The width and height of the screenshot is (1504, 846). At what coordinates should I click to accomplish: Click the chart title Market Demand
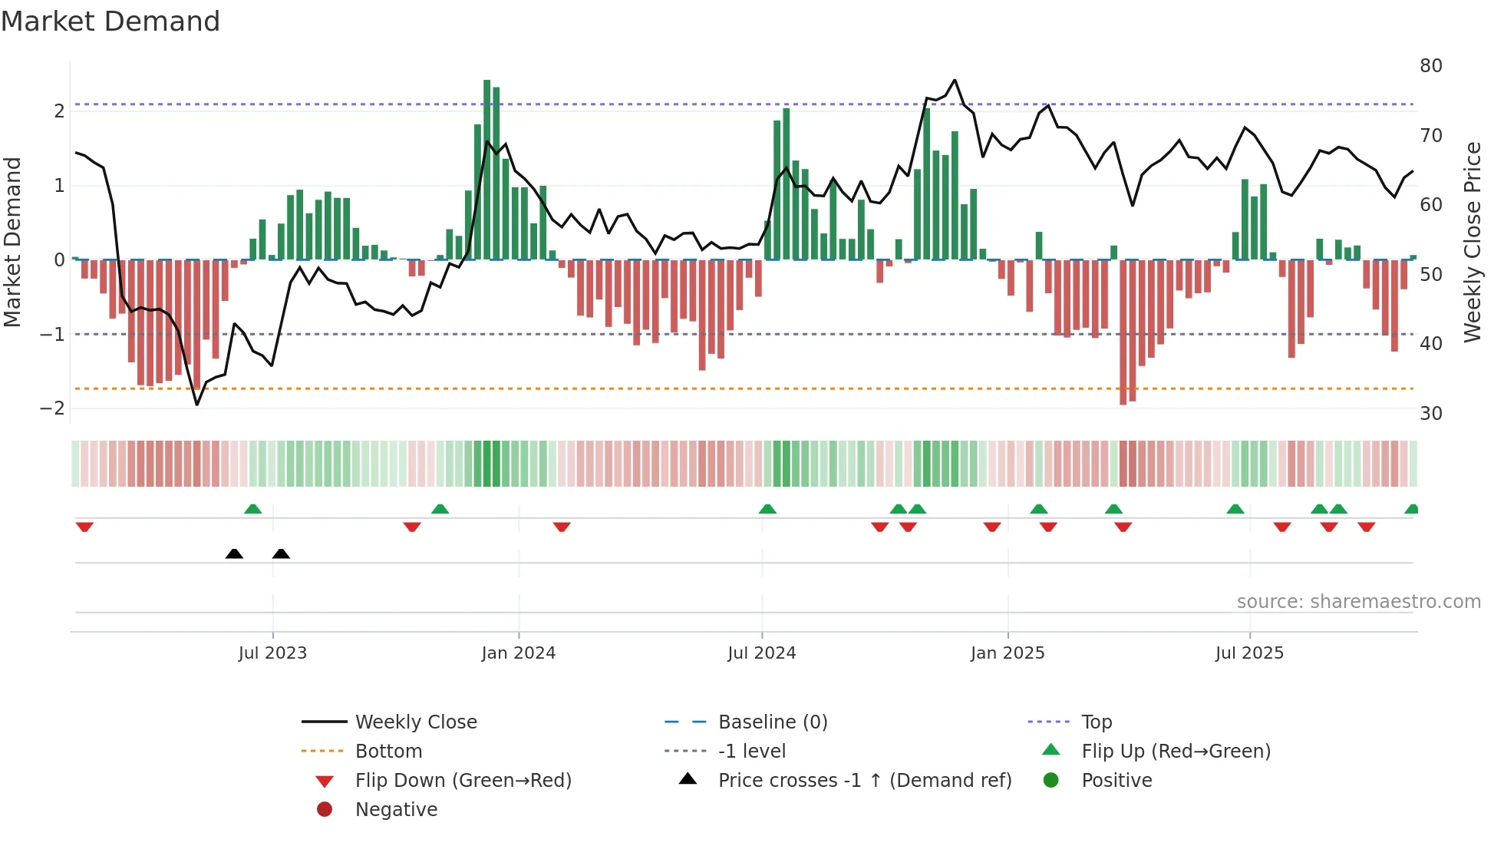pyautogui.click(x=110, y=21)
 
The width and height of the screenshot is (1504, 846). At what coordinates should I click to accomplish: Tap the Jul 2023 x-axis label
pyautogui.click(x=272, y=653)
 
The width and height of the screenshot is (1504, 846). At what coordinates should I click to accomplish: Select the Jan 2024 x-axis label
pyautogui.click(x=518, y=653)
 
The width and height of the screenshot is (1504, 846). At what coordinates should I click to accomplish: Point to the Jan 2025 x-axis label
pyautogui.click(x=1007, y=653)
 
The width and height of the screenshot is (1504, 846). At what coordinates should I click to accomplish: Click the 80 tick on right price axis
pyautogui.click(x=1430, y=66)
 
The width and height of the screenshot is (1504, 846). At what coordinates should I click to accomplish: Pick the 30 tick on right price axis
pyautogui.click(x=1430, y=414)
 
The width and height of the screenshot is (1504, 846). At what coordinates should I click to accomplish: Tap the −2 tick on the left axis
pyautogui.click(x=52, y=408)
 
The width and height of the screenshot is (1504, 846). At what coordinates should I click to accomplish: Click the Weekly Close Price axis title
pyautogui.click(x=1472, y=242)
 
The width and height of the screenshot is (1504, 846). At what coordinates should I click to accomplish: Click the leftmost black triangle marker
pyautogui.click(x=234, y=554)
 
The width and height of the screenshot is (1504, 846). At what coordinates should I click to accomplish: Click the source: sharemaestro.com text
pyautogui.click(x=1358, y=602)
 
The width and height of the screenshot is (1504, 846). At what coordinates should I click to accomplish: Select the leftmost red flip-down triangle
pyautogui.click(x=84, y=527)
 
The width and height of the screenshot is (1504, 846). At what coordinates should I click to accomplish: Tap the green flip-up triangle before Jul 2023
pyautogui.click(x=252, y=508)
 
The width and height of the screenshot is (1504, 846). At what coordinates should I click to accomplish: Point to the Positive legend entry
pyautogui.click(x=1116, y=781)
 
